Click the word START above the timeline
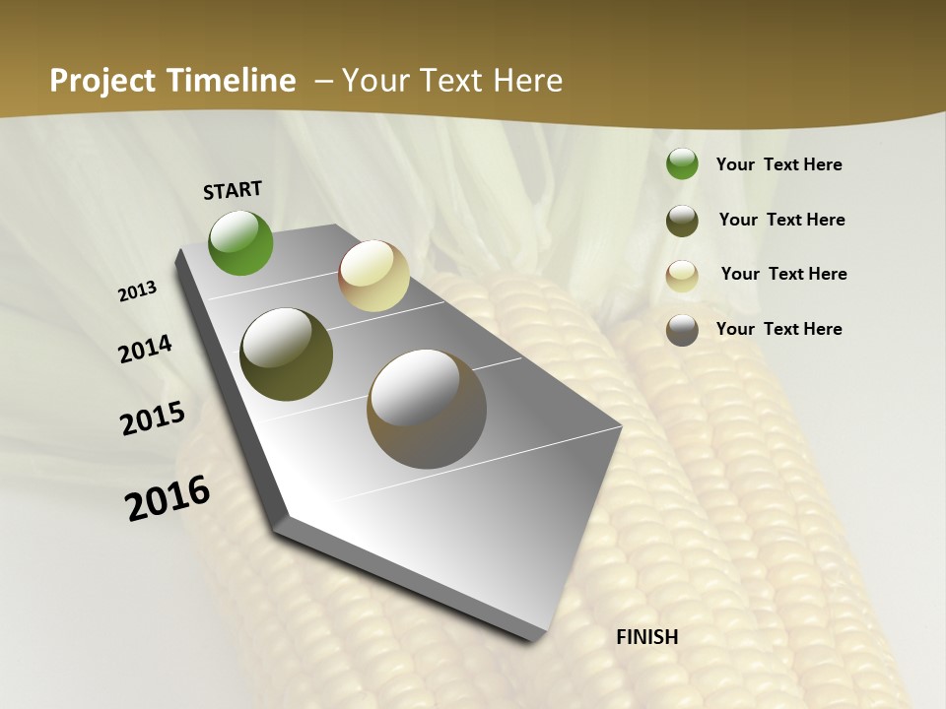[233, 190]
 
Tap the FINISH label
[647, 637]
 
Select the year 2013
[138, 291]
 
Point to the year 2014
[146, 349]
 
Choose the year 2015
[153, 419]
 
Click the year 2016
[168, 498]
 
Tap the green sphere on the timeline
[240, 242]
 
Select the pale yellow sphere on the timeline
[373, 276]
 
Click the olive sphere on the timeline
[286, 354]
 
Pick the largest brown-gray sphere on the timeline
[427, 409]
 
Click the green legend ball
[682, 164]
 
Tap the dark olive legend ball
[682, 221]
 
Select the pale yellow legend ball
[682, 276]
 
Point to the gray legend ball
[682, 330]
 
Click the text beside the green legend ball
[778, 165]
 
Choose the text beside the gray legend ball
[778, 329]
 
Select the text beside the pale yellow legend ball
[783, 274]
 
